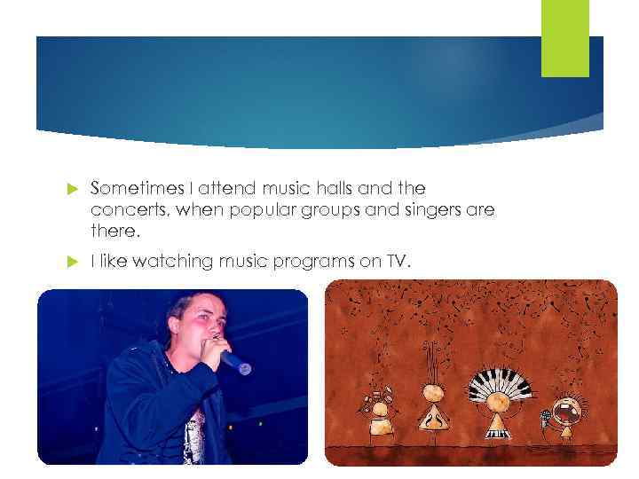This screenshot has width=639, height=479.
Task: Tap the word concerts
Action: [124, 210]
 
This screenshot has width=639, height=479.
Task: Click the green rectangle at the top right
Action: [565, 38]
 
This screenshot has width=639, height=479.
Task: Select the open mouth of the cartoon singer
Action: [565, 412]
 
